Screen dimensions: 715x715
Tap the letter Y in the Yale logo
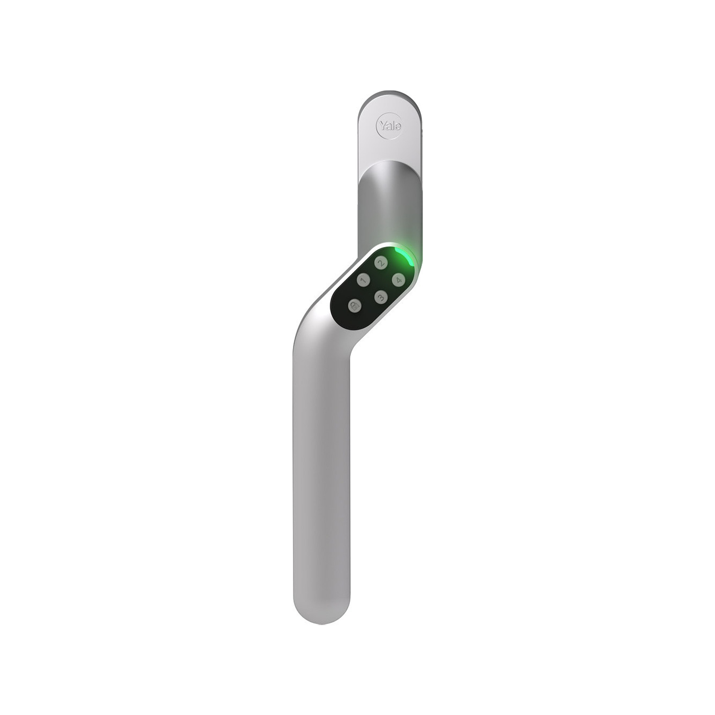coord(381,124)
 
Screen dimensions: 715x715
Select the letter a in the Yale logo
coord(388,125)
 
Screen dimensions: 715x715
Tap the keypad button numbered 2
coord(380,263)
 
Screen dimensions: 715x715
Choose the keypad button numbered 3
coord(380,297)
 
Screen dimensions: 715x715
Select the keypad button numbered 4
coord(398,280)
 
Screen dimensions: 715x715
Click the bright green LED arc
coord(406,256)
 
